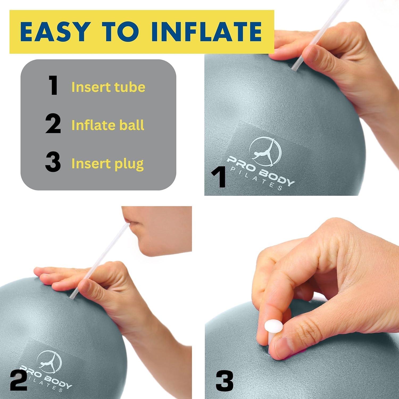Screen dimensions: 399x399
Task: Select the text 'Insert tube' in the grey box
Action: pyautogui.click(x=108, y=87)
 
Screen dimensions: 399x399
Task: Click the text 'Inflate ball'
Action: pyautogui.click(x=108, y=125)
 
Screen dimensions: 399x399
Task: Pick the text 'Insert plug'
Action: pyautogui.click(x=107, y=164)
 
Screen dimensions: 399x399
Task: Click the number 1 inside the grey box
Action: pyautogui.click(x=53, y=85)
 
